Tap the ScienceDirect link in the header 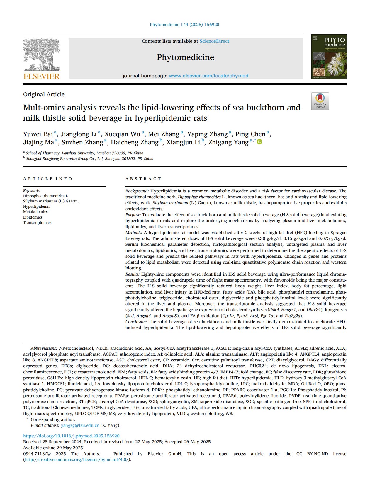click(x=214, y=41)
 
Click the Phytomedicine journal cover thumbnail click(x=329, y=57)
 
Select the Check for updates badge click(x=320, y=101)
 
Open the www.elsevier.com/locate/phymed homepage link click(x=208, y=76)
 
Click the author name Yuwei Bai click(x=38, y=134)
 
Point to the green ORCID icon click(x=259, y=142)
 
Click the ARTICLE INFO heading click(x=47, y=179)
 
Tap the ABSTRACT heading click(x=143, y=179)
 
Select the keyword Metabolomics click(x=35, y=211)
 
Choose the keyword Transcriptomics click(x=37, y=222)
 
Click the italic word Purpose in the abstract click(x=133, y=215)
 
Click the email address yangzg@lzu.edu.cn click(x=80, y=425)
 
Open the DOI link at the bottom click(x=71, y=436)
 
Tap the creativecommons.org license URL click(x=77, y=460)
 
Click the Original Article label click(x=44, y=94)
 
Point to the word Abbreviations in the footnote click(x=44, y=348)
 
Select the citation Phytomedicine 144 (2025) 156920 click(x=184, y=25)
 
